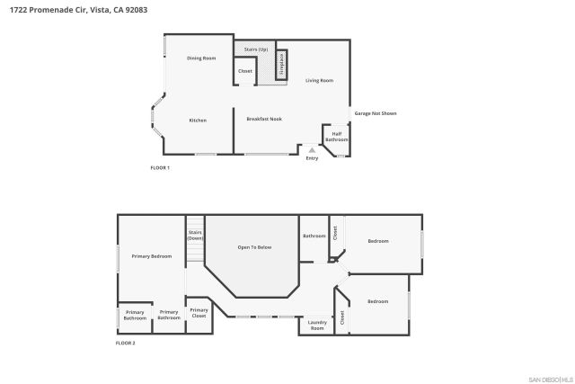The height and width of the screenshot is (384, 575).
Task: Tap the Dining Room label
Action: pyautogui.click(x=201, y=58)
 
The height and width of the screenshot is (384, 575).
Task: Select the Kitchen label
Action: pyautogui.click(x=198, y=121)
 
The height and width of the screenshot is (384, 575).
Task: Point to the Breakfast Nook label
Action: pyautogui.click(x=264, y=119)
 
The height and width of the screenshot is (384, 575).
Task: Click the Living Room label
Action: pyautogui.click(x=319, y=81)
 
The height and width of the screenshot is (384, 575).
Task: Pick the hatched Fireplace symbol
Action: pyautogui.click(x=281, y=64)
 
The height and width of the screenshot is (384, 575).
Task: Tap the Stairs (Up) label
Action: pyautogui.click(x=256, y=49)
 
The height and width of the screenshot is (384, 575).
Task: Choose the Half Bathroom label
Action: pyautogui.click(x=336, y=138)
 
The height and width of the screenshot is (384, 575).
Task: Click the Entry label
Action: pyautogui.click(x=312, y=159)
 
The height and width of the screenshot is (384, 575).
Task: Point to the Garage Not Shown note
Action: pyautogui.click(x=375, y=113)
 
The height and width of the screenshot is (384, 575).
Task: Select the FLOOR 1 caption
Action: pyautogui.click(x=159, y=168)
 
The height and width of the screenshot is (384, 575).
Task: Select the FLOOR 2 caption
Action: pyautogui.click(x=125, y=344)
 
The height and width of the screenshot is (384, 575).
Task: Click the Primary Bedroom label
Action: pyautogui.click(x=151, y=256)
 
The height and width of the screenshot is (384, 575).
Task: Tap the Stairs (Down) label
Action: pyautogui.click(x=195, y=236)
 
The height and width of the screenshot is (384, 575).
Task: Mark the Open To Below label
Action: pyautogui.click(x=254, y=246)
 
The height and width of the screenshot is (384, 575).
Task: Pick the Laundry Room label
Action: pyautogui.click(x=317, y=325)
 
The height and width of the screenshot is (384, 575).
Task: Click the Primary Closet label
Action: pyautogui.click(x=199, y=313)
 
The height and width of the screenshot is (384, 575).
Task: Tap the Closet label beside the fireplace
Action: pyautogui.click(x=245, y=71)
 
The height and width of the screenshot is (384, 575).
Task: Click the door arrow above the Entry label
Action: pyautogui.click(x=312, y=149)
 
